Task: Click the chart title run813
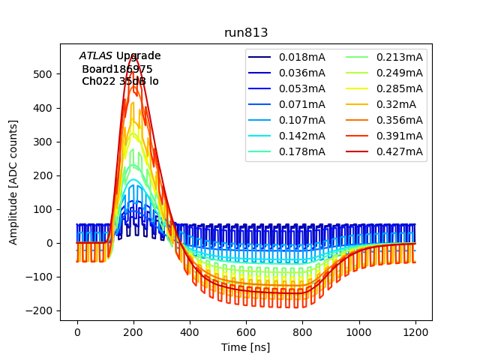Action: pyautogui.click(x=246, y=33)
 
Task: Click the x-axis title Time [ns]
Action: pyautogui.click(x=245, y=347)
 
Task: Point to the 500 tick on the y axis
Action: pyautogui.click(x=46, y=74)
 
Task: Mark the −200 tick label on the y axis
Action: pyautogui.click(x=42, y=310)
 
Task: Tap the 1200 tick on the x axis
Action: pyautogui.click(x=415, y=330)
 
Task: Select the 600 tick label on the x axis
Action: pyautogui.click(x=246, y=330)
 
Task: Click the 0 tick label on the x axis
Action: pyautogui.click(x=77, y=330)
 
